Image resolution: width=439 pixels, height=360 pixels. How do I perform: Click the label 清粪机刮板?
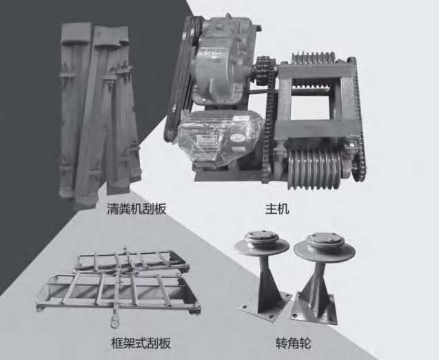(x=136, y=209)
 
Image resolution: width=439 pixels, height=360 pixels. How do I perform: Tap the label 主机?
(x=277, y=209)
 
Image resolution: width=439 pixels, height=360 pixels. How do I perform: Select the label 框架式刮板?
(x=141, y=343)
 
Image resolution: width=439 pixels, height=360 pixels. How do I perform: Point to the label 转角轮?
(x=293, y=343)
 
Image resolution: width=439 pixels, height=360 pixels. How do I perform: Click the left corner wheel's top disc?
(x=261, y=243)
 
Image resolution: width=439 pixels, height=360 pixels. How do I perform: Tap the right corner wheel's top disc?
(x=325, y=246)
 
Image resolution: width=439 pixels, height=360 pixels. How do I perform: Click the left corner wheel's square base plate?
(x=265, y=306)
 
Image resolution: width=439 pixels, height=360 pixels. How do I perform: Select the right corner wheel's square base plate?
(x=314, y=310)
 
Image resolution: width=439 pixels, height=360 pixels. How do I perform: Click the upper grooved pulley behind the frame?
(x=314, y=58)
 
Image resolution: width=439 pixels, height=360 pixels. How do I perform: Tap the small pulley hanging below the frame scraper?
(x=114, y=321)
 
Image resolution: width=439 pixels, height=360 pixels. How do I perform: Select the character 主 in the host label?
(x=271, y=209)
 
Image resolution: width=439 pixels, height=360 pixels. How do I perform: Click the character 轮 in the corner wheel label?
(x=305, y=343)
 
